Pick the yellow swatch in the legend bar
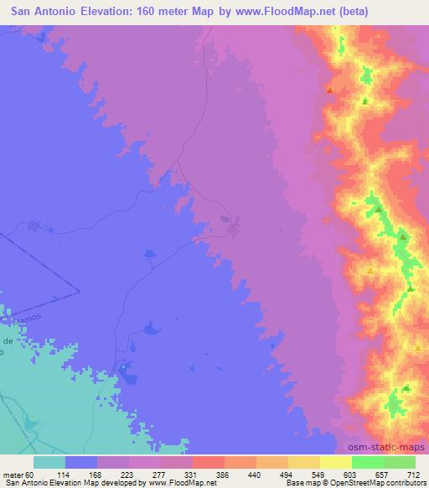point(335,462)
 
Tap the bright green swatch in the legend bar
point(367,462)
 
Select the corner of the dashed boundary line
point(80,291)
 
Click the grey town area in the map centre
point(230,224)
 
